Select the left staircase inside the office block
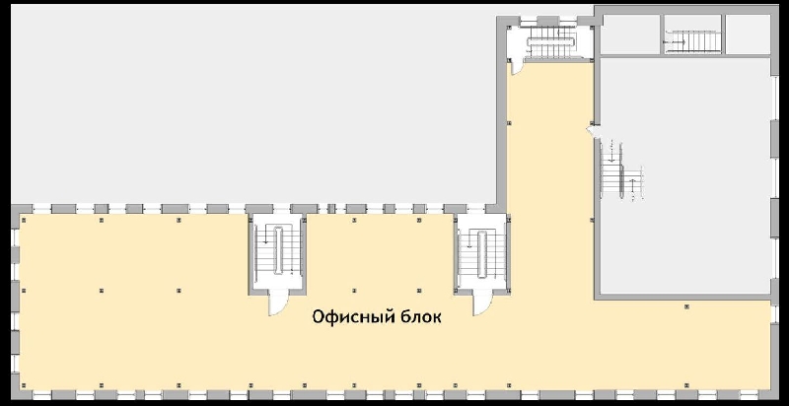pos(278,251)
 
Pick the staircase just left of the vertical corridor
pos(481,254)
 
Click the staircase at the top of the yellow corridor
pos(551,41)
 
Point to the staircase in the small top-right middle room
pos(691,40)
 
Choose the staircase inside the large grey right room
pos(622,169)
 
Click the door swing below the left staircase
pos(278,303)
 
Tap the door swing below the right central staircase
pos(481,303)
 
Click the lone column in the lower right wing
pos(686,306)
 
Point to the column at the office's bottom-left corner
pos(23,385)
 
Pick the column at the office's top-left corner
pos(23,219)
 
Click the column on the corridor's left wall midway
pos(510,122)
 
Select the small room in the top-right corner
pos(749,34)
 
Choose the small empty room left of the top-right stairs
pos(630,34)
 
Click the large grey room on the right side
pos(685,175)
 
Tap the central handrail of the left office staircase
pos(278,250)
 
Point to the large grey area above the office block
pos(251,103)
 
